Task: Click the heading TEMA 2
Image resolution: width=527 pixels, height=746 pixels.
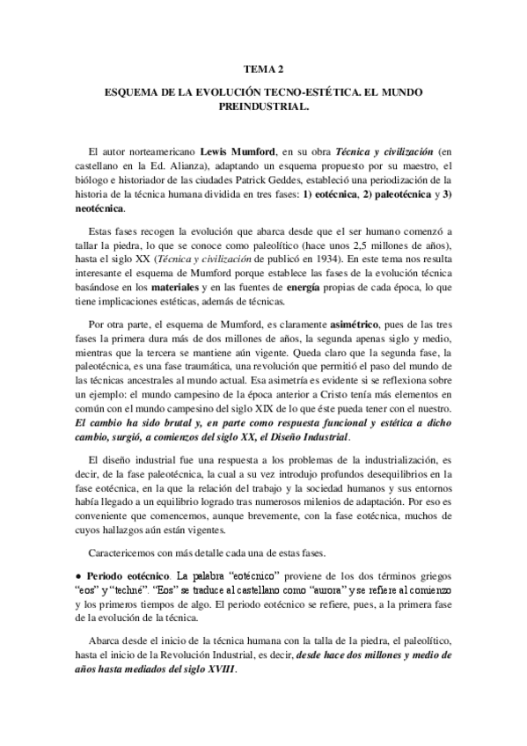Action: (x=263, y=68)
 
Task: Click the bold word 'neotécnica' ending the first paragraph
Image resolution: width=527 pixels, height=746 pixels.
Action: (x=99, y=208)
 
